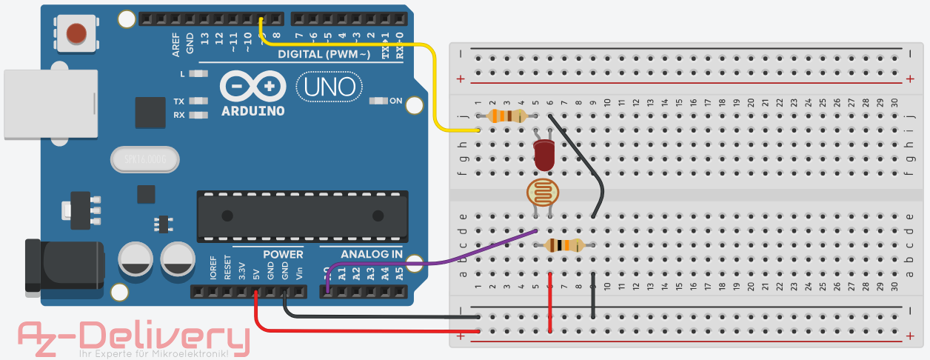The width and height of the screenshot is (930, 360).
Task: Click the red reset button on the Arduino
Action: coord(76,33)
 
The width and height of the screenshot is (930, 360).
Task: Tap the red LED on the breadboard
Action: coord(543,155)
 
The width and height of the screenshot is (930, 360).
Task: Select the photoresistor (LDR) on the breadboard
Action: coord(543,193)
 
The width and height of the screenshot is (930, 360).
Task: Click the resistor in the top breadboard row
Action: coord(507,116)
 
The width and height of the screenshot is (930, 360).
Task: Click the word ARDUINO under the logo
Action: coord(252,111)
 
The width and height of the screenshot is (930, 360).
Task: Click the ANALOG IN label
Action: coord(372,255)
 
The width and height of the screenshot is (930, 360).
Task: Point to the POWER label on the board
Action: coord(283,255)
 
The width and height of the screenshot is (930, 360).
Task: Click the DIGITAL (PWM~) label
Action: coord(324,55)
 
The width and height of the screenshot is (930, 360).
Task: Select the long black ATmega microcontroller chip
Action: coord(302,216)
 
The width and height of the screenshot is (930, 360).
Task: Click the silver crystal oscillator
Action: coord(145,159)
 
